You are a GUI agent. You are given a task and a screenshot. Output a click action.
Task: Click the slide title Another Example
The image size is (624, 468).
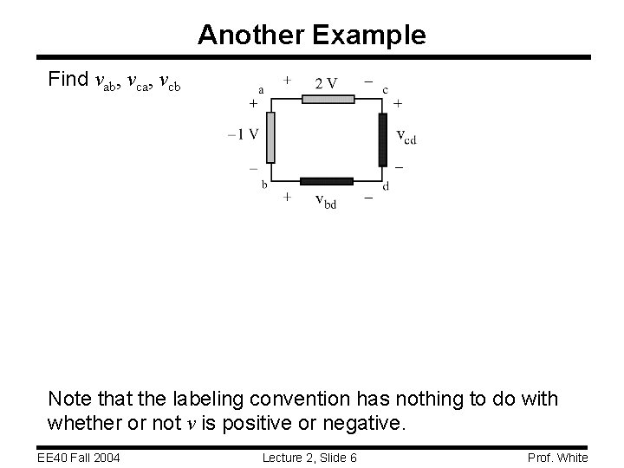(x=312, y=35)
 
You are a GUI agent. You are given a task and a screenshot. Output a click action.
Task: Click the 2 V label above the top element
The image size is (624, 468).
(x=327, y=83)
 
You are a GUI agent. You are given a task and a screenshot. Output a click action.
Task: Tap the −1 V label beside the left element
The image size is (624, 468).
(x=243, y=133)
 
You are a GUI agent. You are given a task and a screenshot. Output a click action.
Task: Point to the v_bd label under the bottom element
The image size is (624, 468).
(x=326, y=201)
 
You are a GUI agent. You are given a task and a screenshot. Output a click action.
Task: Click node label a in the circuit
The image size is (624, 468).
(x=260, y=88)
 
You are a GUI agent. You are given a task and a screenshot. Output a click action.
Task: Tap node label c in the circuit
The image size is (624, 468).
(x=385, y=88)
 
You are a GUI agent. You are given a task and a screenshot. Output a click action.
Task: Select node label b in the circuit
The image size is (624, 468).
(x=263, y=184)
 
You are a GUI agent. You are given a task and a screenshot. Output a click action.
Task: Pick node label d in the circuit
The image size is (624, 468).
(x=386, y=185)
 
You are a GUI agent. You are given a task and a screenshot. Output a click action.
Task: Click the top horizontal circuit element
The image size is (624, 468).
(x=327, y=99)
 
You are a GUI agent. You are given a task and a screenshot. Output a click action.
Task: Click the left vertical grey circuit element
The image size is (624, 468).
(x=270, y=137)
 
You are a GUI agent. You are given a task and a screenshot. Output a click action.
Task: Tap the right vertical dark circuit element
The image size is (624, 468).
(x=382, y=139)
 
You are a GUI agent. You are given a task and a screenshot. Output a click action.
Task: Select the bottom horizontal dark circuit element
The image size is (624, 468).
(x=327, y=181)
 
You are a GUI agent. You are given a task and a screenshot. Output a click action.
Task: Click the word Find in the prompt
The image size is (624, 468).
(x=68, y=80)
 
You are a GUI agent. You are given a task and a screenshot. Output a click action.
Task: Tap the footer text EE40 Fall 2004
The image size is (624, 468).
(x=78, y=457)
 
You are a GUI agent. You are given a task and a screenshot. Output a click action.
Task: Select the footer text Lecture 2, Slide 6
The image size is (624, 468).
(x=311, y=457)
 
